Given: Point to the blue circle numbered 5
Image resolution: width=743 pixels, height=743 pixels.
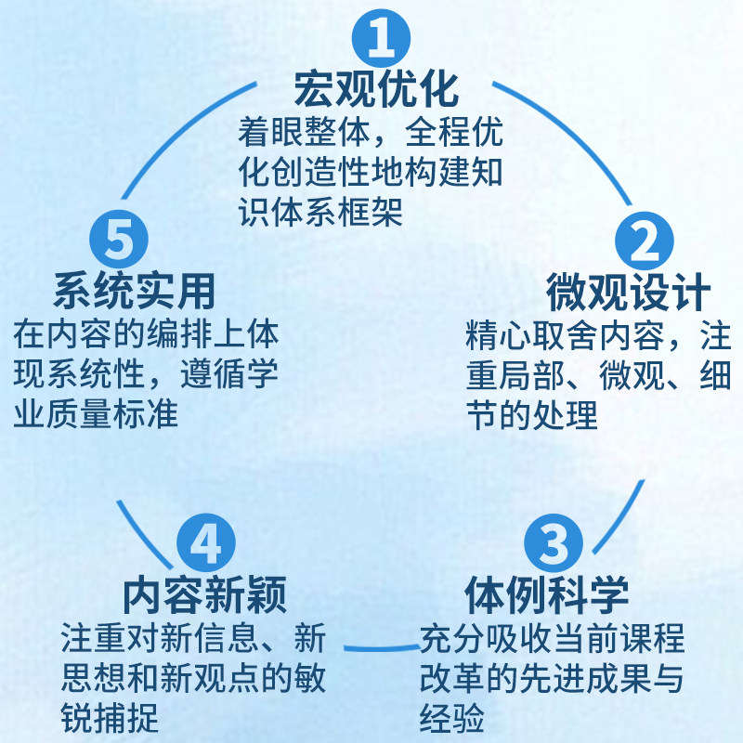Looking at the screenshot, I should (118, 239).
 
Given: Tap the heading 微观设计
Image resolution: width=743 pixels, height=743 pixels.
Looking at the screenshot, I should (629, 293).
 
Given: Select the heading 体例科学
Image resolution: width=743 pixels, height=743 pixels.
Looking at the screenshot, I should (548, 592).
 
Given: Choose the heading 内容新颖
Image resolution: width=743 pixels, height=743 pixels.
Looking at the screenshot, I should (204, 592).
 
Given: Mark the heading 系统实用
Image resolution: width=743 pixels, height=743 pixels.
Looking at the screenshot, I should (135, 291).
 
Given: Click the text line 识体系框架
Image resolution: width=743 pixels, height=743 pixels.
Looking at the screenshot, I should (320, 213).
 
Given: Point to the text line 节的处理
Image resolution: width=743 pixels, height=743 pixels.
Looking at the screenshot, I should (532, 415).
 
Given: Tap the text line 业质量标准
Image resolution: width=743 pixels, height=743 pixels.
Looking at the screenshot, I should (96, 413).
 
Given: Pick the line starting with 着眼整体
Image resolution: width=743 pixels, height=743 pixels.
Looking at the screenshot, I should (370, 133).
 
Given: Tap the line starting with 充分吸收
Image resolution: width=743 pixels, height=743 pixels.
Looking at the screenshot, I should (552, 638).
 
